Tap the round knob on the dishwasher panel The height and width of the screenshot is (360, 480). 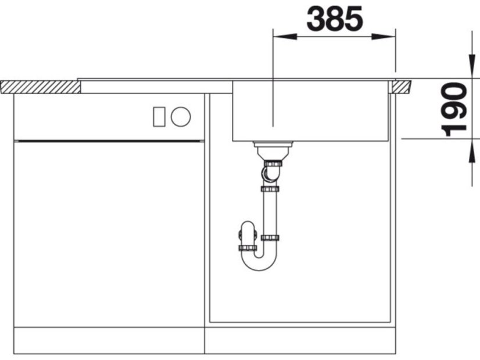point(181,117)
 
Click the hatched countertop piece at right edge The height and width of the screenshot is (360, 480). point(401,87)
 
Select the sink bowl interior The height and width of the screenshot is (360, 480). point(311,110)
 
